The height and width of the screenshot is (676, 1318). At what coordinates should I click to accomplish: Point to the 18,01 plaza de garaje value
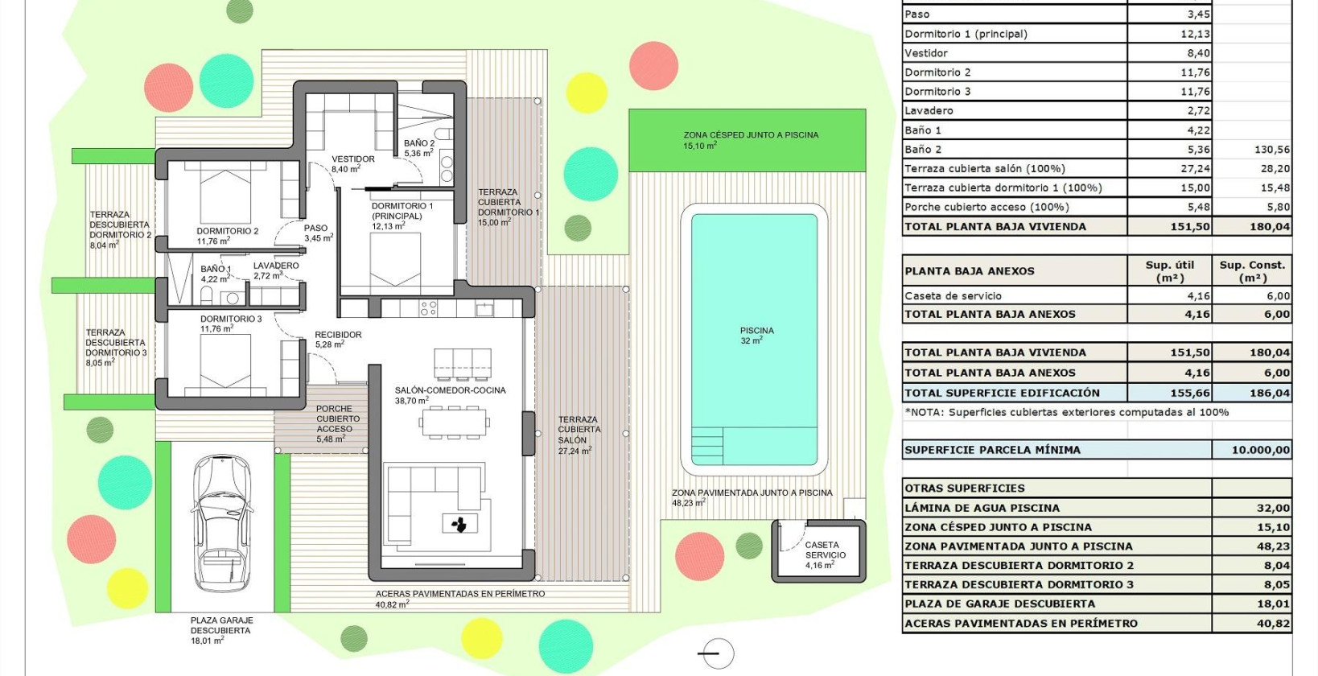click(x=1273, y=604)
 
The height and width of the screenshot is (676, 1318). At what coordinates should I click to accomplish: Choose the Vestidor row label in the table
click(x=926, y=53)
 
